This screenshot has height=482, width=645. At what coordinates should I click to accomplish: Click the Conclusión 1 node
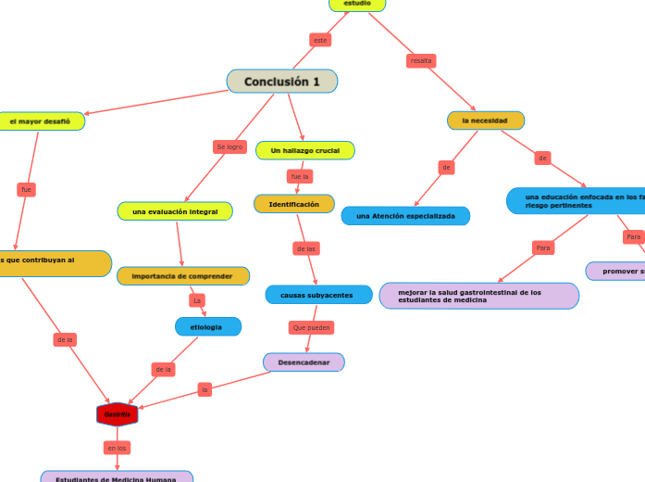(x=282, y=82)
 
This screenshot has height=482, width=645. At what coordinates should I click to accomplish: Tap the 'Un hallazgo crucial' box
(x=304, y=150)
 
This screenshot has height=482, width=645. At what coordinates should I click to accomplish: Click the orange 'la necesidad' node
(x=485, y=120)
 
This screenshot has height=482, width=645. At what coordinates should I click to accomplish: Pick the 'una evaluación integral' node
(x=175, y=211)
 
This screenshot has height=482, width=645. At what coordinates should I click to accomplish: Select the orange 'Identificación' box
(x=294, y=204)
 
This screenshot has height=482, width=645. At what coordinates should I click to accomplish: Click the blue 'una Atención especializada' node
(x=405, y=216)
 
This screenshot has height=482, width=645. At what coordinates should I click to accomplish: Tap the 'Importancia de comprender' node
(x=183, y=276)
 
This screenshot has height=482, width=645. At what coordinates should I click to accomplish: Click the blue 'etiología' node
(x=207, y=326)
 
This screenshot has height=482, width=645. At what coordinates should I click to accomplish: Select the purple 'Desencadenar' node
(x=304, y=361)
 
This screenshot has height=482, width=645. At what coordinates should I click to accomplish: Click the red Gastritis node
(x=118, y=414)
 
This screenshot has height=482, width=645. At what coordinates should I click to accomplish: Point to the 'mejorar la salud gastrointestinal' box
(x=478, y=296)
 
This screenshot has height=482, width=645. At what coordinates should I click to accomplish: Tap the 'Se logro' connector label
(x=229, y=146)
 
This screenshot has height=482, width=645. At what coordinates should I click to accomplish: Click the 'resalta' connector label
(x=421, y=61)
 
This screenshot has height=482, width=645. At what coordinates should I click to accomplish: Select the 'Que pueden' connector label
(x=311, y=328)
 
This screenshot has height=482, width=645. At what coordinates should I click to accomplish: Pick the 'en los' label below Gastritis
(x=117, y=448)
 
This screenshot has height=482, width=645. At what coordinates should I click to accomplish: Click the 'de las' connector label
(x=305, y=248)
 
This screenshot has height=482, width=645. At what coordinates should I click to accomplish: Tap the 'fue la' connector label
(x=300, y=176)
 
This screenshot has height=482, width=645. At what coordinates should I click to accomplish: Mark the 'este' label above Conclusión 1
(x=320, y=40)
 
